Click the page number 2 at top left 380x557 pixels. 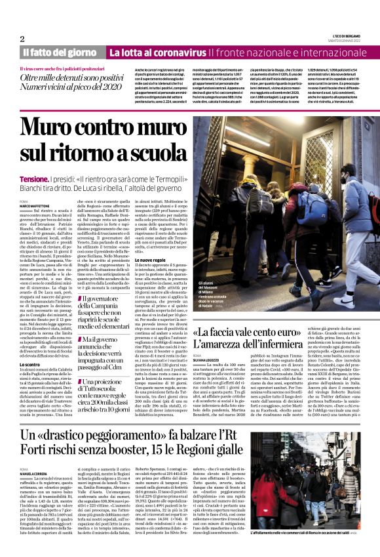pyautogui.click(x=22, y=39)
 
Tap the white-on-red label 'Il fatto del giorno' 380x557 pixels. pyautogui.click(x=60, y=52)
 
